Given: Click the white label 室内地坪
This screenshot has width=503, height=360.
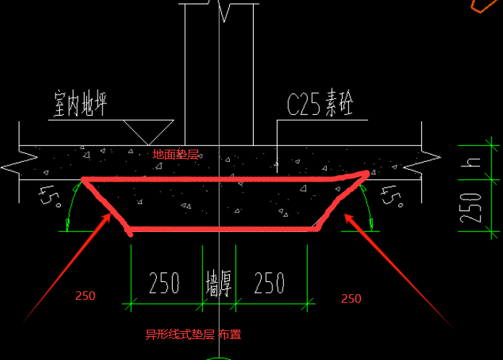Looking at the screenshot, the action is click(x=80, y=103).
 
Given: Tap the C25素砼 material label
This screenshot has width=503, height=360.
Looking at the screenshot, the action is click(x=320, y=103).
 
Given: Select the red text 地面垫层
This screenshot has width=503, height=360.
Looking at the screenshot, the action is click(x=176, y=155).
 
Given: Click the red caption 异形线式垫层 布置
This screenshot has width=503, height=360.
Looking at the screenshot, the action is click(x=193, y=335).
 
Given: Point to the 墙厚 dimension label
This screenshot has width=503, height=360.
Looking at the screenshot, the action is click(x=218, y=283).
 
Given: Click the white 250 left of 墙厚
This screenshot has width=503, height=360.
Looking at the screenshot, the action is click(x=164, y=283).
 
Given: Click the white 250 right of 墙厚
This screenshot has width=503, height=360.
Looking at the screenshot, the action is click(x=269, y=283).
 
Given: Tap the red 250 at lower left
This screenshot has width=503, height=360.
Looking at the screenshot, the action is click(x=85, y=296).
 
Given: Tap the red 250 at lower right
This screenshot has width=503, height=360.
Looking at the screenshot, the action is click(x=351, y=299).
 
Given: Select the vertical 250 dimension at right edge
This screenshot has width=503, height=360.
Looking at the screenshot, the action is click(x=470, y=208).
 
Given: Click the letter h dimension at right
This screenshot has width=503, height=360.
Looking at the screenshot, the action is click(x=470, y=163).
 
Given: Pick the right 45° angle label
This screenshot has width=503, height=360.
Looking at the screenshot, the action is click(x=392, y=197).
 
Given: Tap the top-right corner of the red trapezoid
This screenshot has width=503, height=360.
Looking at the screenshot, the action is click(x=366, y=173).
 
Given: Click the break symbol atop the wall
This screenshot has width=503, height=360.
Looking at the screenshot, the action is click(x=223, y=9).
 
